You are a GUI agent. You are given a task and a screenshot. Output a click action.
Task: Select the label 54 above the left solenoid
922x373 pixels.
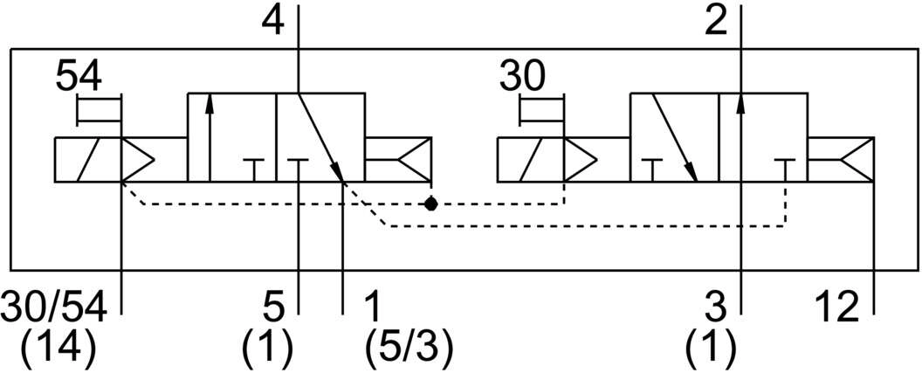tap(79, 77)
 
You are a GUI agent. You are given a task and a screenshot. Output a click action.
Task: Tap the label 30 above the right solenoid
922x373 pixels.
tap(522, 77)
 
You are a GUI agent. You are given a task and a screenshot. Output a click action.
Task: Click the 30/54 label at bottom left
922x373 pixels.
tap(55, 307)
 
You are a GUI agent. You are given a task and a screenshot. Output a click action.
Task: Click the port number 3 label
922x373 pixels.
tap(716, 307)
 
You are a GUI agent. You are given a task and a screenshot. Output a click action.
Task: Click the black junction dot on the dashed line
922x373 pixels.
tap(431, 204)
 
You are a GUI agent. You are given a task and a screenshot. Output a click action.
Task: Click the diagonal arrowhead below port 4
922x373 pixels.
tap(338, 171)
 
